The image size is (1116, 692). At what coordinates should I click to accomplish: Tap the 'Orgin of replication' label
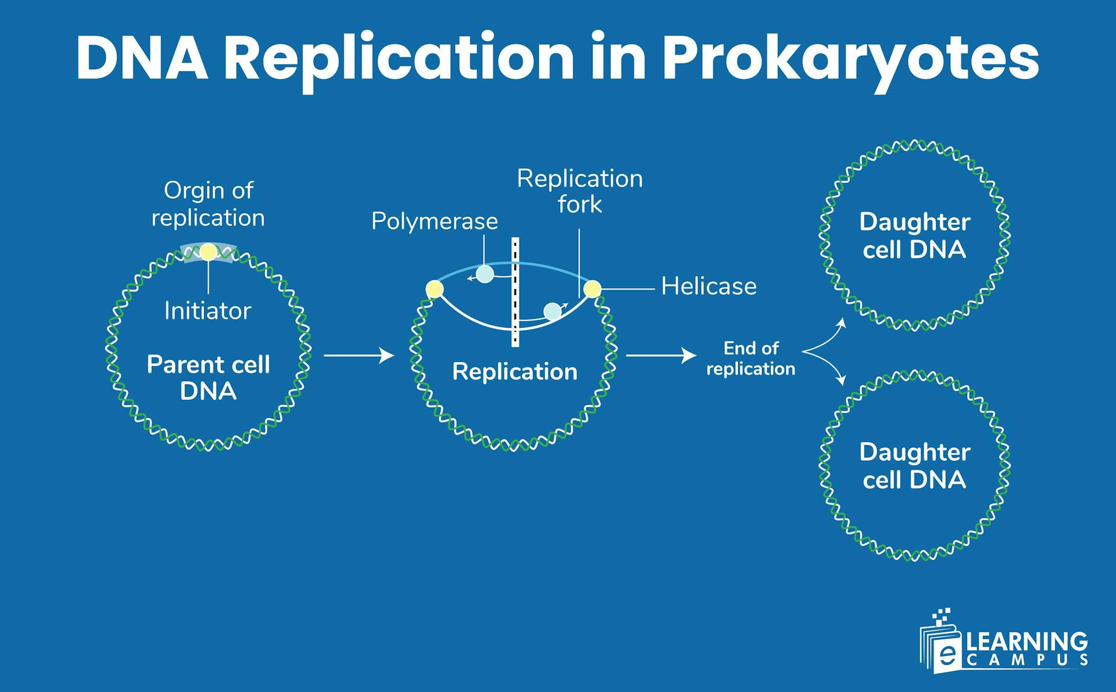208,204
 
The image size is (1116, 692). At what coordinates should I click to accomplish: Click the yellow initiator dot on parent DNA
208,252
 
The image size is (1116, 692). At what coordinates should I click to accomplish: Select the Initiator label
208,311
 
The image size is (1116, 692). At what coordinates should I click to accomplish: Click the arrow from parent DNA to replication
359,355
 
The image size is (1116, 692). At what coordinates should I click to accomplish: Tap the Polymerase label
434,221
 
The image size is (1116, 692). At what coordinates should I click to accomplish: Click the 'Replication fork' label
580,191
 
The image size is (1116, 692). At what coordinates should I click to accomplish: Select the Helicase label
709,286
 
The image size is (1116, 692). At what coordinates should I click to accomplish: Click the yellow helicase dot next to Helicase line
592,289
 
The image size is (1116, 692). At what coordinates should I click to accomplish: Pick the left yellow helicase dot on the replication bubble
434,289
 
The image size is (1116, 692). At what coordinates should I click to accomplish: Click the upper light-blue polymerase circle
485,274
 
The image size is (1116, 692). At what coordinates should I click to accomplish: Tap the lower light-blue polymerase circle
552,312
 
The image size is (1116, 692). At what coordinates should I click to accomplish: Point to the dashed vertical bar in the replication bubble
515,292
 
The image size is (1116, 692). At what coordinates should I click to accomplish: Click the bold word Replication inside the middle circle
514,372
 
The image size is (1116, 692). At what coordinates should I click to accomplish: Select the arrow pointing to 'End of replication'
661,355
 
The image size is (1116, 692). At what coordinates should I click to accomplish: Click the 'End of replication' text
750,358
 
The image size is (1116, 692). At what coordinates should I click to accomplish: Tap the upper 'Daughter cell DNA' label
914,236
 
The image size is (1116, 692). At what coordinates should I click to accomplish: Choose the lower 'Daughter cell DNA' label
914,466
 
